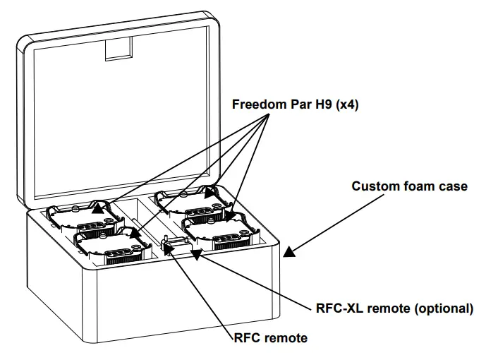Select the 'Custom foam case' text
(x=409, y=186)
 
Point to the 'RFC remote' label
(x=271, y=338)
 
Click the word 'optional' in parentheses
(x=444, y=308)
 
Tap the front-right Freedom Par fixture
(x=219, y=229)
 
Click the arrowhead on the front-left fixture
(x=133, y=231)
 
